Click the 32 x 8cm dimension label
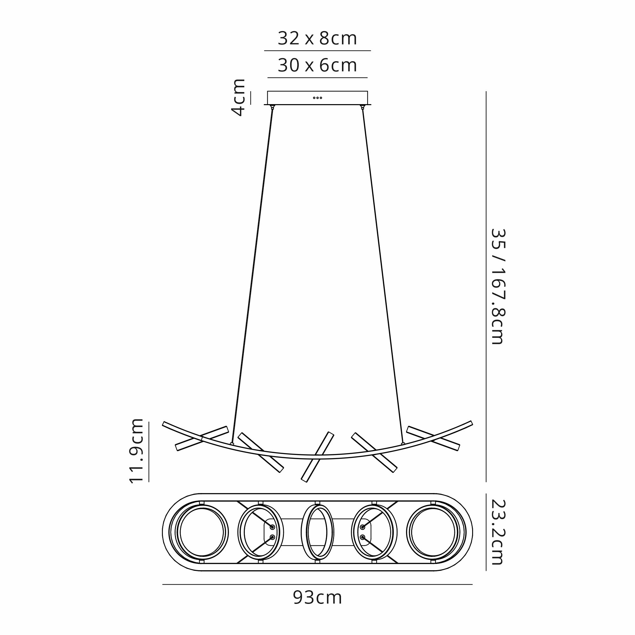[x=317, y=38]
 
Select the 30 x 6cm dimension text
[x=317, y=65]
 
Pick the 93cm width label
[x=317, y=598]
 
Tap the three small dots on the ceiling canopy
[x=317, y=97]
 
